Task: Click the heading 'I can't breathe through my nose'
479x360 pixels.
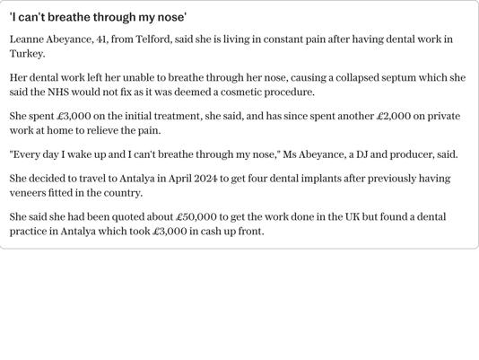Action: click(98, 17)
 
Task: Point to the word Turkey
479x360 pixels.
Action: click(26, 54)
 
